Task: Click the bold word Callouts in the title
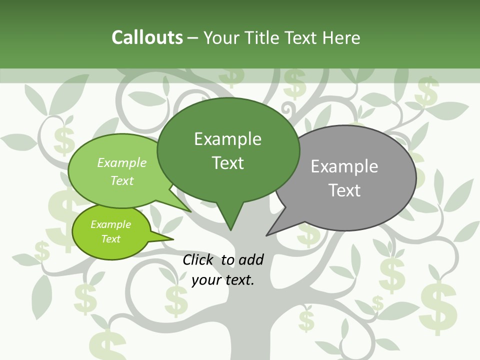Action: pyautogui.click(x=147, y=37)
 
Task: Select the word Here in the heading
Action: pyautogui.click(x=342, y=37)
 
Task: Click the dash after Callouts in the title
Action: pyautogui.click(x=193, y=38)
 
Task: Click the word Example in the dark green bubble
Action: pyautogui.click(x=227, y=139)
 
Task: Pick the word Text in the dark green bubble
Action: pyautogui.click(x=227, y=163)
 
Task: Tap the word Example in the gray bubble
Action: pyautogui.click(x=344, y=166)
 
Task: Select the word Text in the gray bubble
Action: pyautogui.click(x=344, y=190)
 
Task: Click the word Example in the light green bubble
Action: pyautogui.click(x=122, y=162)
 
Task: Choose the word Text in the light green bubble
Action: pyautogui.click(x=122, y=180)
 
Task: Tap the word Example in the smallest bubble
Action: pyautogui.click(x=110, y=224)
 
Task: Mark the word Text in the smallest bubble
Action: pyautogui.click(x=110, y=239)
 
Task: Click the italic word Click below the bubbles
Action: pyautogui.click(x=199, y=259)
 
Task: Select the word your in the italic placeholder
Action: pyautogui.click(x=205, y=280)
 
